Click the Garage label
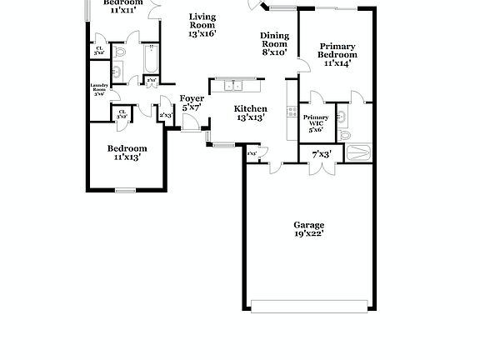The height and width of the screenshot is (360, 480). [x=308, y=225]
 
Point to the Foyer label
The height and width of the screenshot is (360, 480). [x=192, y=98]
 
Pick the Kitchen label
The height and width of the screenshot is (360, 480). [x=250, y=109]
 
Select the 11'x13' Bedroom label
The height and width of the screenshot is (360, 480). [x=127, y=148]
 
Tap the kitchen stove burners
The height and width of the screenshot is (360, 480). [x=292, y=111]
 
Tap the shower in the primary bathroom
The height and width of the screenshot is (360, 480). [x=357, y=152]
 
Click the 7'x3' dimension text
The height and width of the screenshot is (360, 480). [x=322, y=154]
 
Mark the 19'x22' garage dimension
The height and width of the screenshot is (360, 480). [x=308, y=234]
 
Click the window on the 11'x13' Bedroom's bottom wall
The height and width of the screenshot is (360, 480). [x=125, y=191]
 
